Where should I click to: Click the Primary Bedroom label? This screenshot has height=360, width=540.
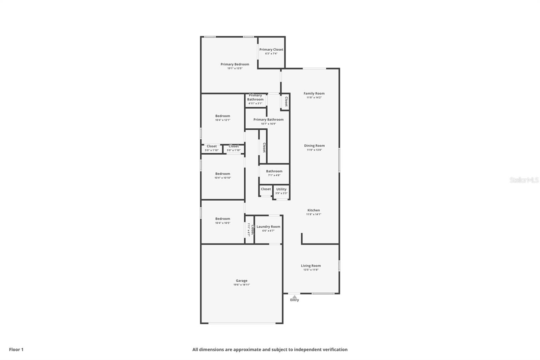(235, 64)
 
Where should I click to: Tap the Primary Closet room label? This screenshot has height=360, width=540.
(271, 50)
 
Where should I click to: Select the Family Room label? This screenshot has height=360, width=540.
(314, 94)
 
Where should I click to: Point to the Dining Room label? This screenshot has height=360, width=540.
(314, 146)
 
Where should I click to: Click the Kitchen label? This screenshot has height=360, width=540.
(314, 210)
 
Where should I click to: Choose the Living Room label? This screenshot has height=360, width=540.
(311, 266)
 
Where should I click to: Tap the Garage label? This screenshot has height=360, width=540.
(242, 281)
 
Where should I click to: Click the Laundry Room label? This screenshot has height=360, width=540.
(268, 227)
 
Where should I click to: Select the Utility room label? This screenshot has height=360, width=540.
(281, 189)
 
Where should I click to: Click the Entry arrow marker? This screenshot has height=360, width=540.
(295, 297)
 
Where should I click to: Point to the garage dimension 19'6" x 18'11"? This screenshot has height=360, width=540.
(242, 285)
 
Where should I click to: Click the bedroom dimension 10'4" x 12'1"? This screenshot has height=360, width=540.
(223, 120)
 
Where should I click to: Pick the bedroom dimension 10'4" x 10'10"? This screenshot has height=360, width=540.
(223, 178)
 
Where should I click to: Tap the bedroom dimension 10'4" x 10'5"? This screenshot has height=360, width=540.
(223, 223)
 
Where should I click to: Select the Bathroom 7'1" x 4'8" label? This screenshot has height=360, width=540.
(274, 171)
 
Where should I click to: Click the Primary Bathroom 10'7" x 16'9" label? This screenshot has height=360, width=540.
(268, 120)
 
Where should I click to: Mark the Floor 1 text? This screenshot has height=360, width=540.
(16, 350)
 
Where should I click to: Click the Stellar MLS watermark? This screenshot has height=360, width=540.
(524, 180)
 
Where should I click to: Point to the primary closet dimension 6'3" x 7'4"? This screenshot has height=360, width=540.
(271, 54)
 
